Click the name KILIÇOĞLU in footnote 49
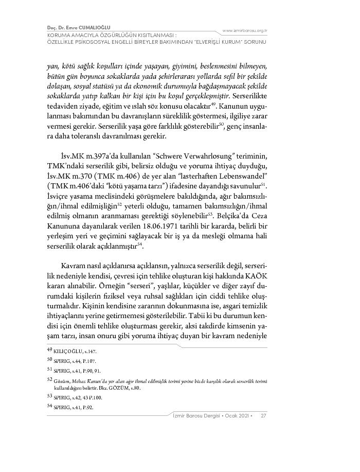65,351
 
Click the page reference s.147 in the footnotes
89,351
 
